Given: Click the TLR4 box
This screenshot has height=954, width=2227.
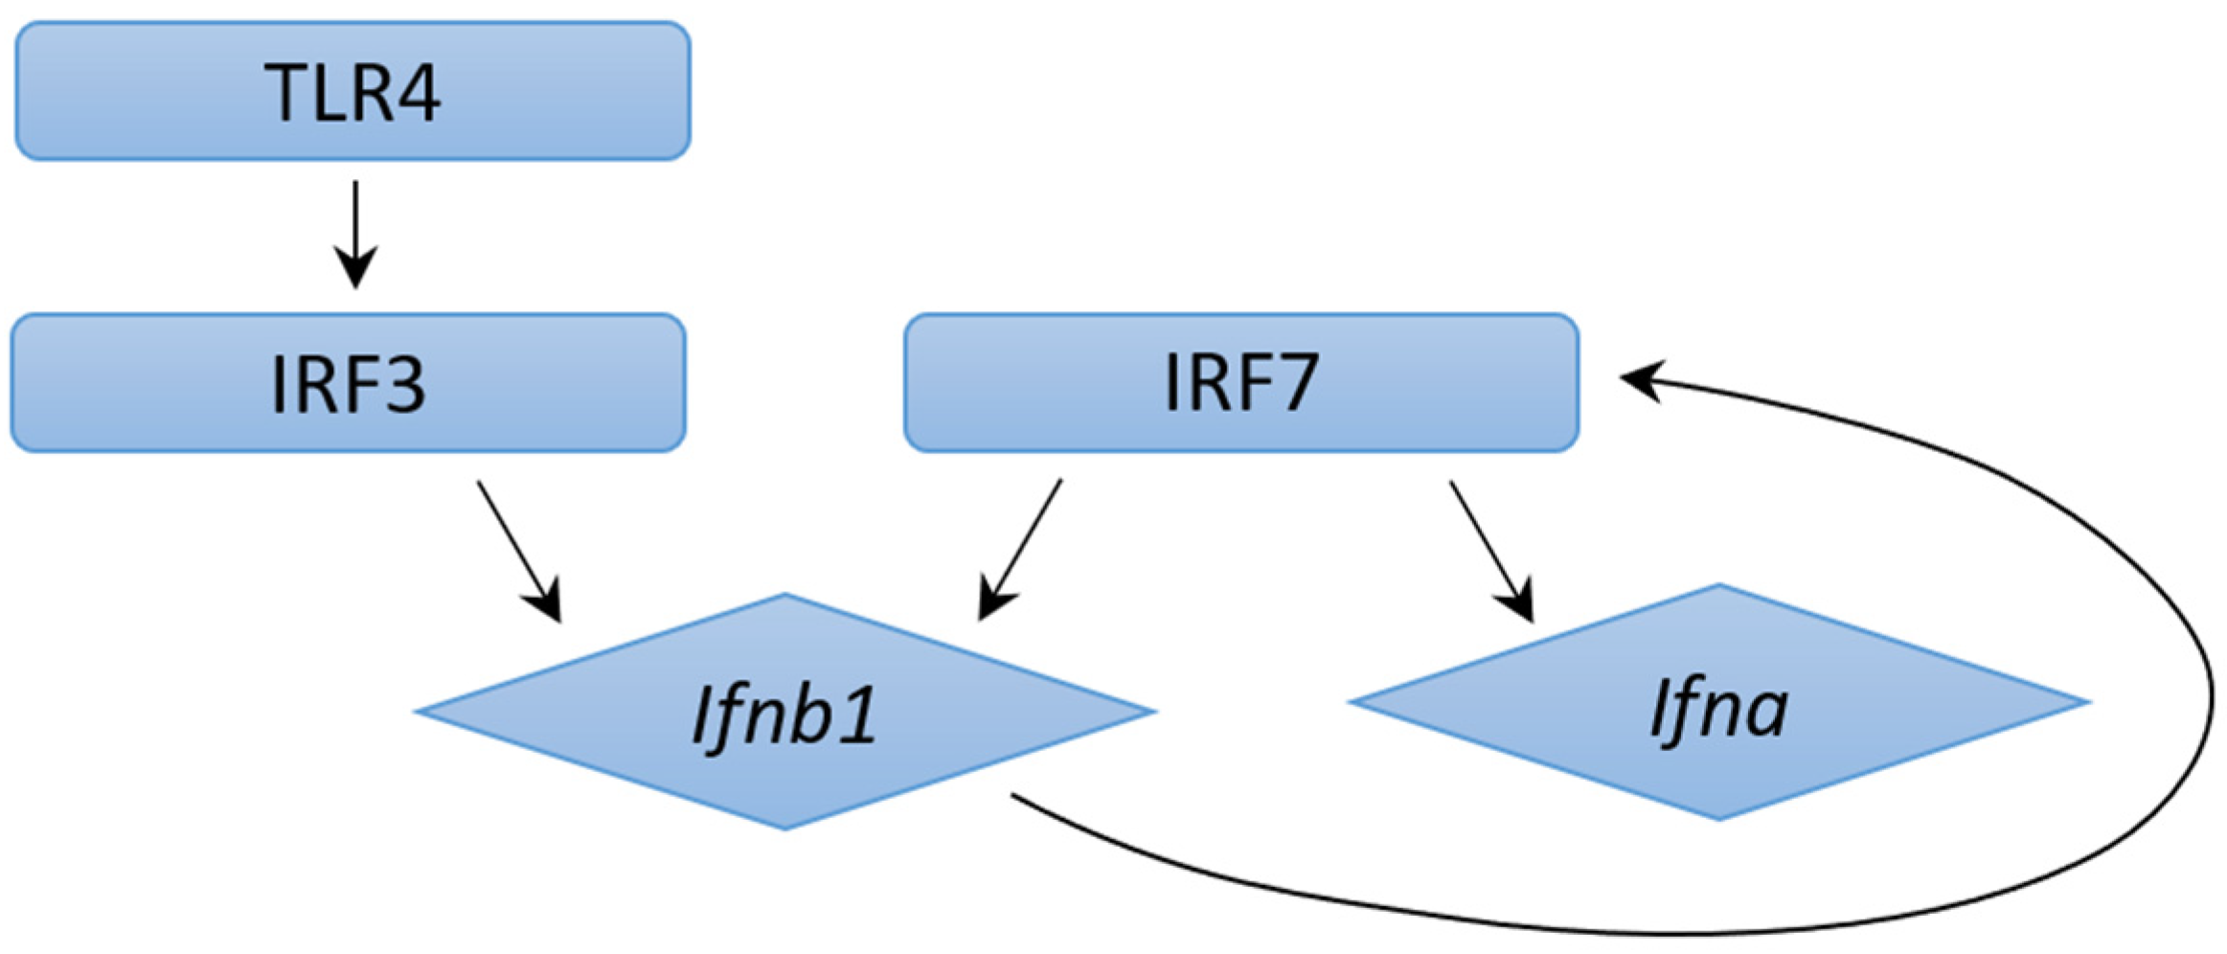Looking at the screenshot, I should pyautogui.click(x=352, y=91).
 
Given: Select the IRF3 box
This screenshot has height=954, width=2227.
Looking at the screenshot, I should pyautogui.click(x=348, y=382).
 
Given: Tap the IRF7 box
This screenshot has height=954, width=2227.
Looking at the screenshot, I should pyautogui.click(x=1240, y=382).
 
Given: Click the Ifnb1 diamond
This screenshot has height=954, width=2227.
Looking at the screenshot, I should pyautogui.click(x=785, y=712).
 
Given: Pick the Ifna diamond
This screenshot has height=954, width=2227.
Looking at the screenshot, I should pyautogui.click(x=1718, y=702).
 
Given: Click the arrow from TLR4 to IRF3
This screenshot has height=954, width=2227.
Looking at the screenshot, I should pyautogui.click(x=355, y=230).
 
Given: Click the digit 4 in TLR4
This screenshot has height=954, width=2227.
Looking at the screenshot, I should pyautogui.click(x=417, y=93).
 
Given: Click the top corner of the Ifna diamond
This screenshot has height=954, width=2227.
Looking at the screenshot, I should pyautogui.click(x=1718, y=586).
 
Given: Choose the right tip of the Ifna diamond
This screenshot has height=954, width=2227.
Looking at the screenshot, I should pyautogui.click(x=2086, y=702).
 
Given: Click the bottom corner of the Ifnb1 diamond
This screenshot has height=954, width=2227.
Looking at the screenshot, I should pyautogui.click(x=785, y=828).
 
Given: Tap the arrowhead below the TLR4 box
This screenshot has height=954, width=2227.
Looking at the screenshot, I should pyautogui.click(x=355, y=268).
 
